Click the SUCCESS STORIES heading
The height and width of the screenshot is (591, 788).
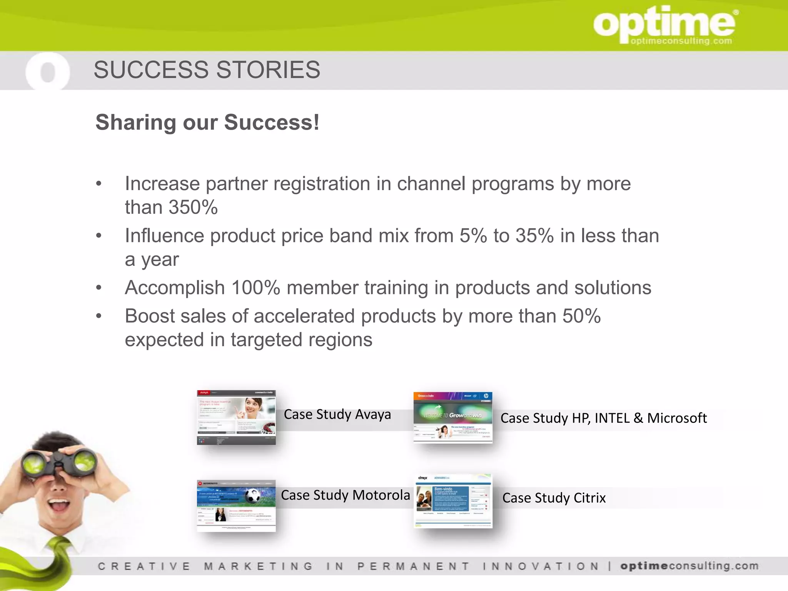207,70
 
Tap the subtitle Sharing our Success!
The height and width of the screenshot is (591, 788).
207,122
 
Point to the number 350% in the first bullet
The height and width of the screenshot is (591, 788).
193,207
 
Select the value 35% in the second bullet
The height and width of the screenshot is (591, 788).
534,235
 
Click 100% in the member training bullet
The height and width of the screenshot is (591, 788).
255,288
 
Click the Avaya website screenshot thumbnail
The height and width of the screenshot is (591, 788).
236,417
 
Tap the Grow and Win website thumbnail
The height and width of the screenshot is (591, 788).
453,417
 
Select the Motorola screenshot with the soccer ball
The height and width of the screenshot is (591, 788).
236,506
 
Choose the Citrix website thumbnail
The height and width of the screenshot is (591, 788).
453,501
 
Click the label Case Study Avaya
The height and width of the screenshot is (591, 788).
337,414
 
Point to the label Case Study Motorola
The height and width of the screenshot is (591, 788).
345,495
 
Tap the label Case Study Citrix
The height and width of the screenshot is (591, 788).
554,498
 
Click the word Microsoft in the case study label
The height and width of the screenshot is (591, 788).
677,418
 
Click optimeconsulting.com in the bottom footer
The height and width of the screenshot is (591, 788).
689,566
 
